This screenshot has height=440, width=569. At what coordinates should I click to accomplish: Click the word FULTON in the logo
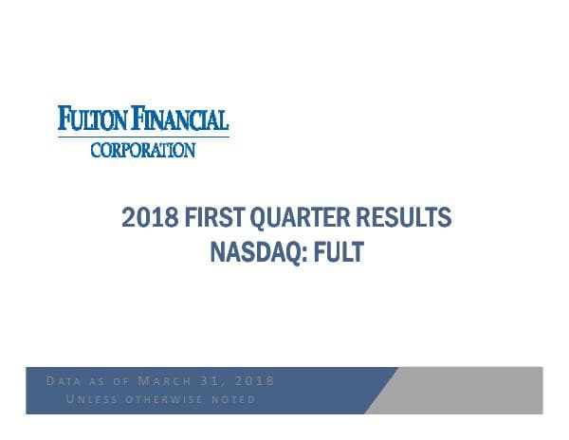coord(93,119)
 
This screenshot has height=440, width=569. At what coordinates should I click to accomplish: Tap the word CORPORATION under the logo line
coord(143,149)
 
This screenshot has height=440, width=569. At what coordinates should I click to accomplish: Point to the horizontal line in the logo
coord(143,137)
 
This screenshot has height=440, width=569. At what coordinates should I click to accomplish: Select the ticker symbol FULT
coord(338,252)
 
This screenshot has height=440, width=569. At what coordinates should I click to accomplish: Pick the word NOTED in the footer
coord(235,399)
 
